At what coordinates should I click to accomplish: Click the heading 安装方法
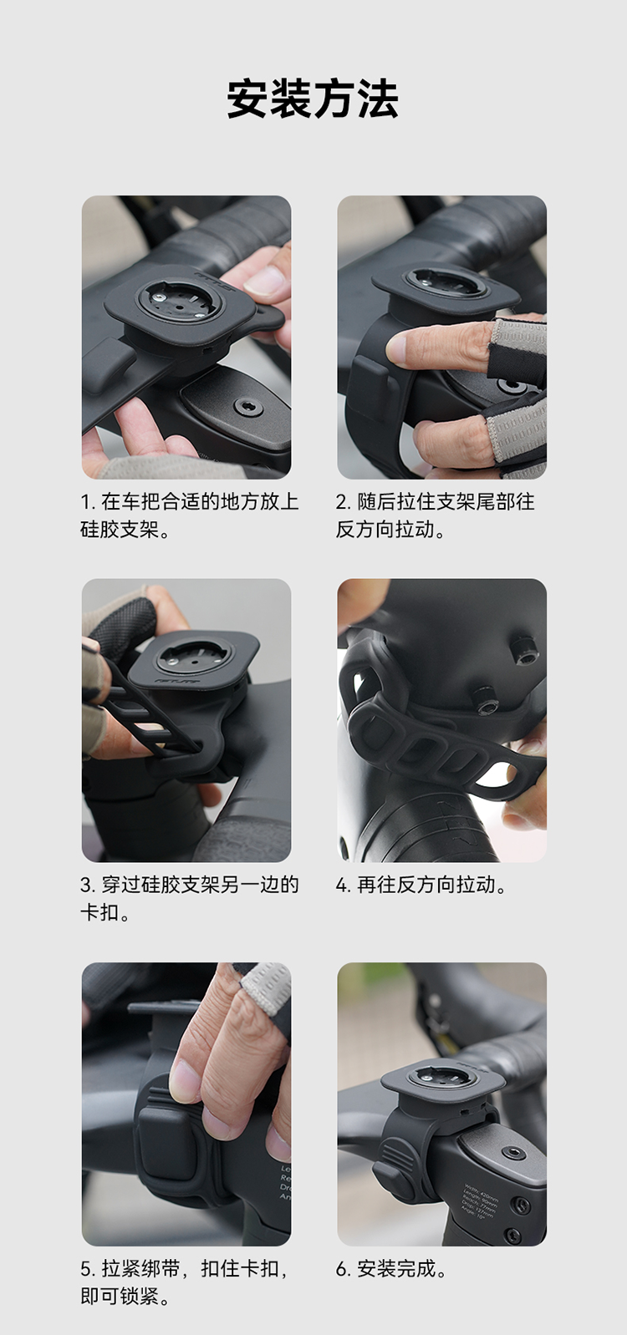313,99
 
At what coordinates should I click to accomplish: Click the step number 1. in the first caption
89,502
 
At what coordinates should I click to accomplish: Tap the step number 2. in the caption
344,502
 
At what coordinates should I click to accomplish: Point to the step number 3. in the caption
89,885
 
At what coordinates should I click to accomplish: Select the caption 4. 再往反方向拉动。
421,885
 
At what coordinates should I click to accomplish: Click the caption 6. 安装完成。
390,1269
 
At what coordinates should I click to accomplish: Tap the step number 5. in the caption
89,1269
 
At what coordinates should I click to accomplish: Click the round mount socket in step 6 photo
442,1077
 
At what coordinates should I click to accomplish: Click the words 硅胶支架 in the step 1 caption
120,530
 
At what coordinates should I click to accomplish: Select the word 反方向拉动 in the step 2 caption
385,530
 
